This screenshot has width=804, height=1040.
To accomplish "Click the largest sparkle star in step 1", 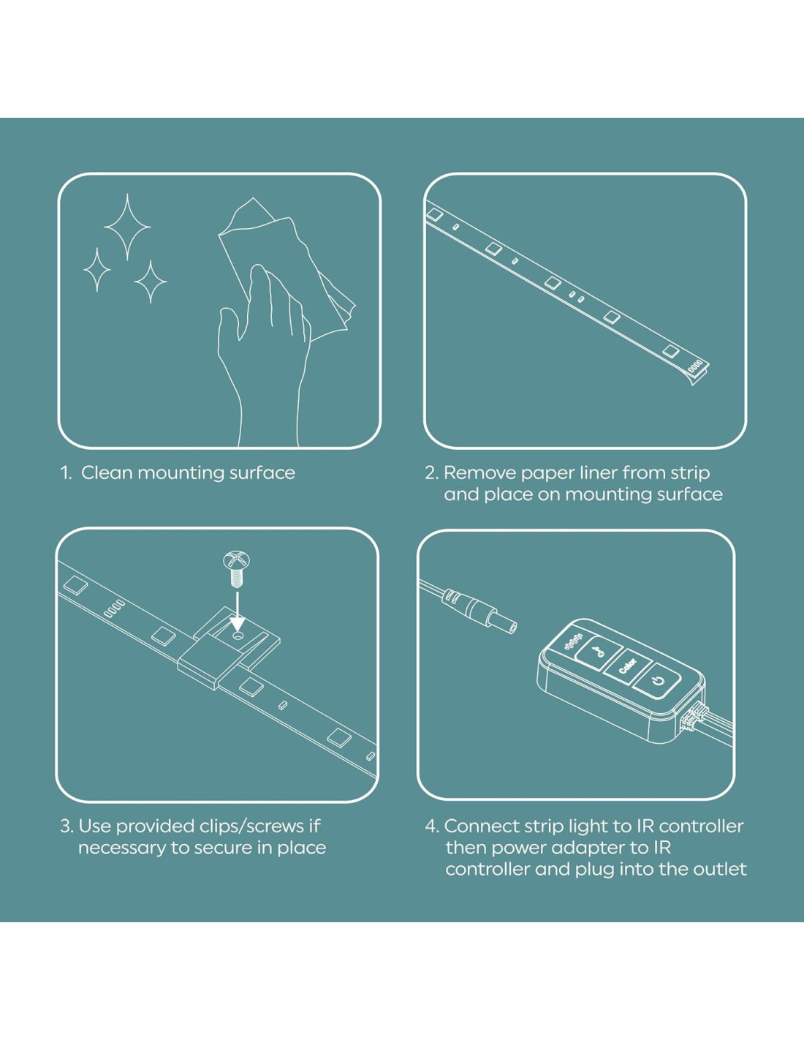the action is tap(127, 227).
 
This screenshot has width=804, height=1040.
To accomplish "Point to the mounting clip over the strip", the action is tap(229, 647).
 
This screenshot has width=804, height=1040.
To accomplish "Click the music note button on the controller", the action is tap(597, 651).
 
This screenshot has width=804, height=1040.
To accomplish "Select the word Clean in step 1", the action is tap(107, 473).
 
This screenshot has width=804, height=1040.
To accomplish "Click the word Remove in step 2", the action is tap(479, 473).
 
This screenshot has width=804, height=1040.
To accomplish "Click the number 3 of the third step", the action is tap(66, 826).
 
